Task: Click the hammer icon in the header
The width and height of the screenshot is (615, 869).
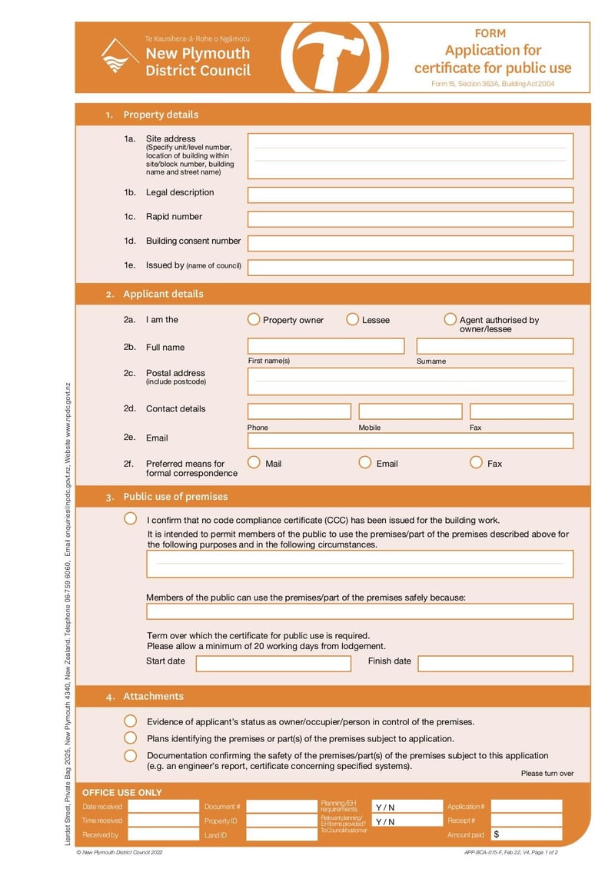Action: click(x=330, y=57)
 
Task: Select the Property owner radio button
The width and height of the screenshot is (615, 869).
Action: click(x=254, y=319)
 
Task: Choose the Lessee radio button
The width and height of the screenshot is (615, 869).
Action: click(x=353, y=319)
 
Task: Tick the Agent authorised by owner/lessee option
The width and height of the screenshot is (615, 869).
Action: click(x=450, y=319)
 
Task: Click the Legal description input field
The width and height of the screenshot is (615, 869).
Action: click(x=410, y=195)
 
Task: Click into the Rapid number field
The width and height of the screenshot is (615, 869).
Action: click(x=410, y=219)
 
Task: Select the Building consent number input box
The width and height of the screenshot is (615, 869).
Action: click(x=410, y=244)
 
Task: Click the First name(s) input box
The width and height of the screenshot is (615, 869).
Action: click(x=325, y=346)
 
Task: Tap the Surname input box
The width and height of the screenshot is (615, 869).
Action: click(x=494, y=346)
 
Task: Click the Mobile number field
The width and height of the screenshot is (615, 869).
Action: click(x=410, y=411)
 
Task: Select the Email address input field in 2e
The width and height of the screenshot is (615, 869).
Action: click(x=410, y=441)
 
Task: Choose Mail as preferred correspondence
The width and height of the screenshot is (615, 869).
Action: click(x=254, y=462)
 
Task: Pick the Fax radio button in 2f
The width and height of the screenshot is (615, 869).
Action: click(x=476, y=462)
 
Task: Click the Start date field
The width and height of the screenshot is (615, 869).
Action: click(x=273, y=663)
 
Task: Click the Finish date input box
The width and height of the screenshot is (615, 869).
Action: click(x=495, y=663)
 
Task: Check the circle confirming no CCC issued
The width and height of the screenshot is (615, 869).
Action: click(x=131, y=519)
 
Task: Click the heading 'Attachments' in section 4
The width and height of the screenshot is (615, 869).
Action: click(x=153, y=697)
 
